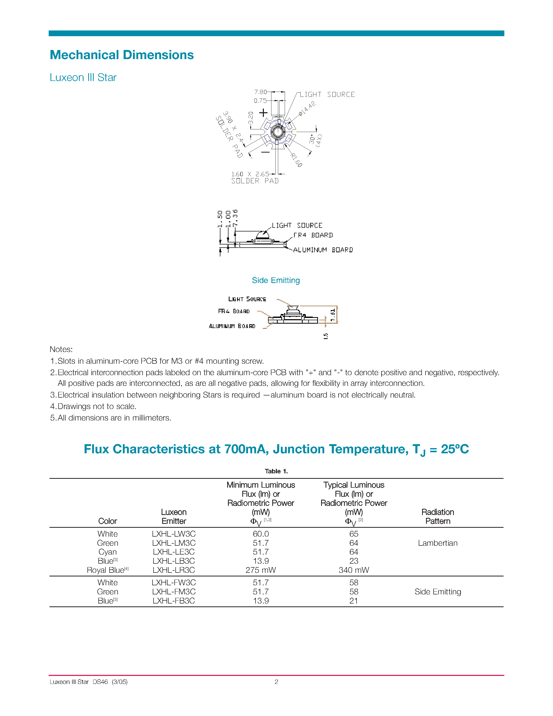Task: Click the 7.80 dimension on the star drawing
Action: [x=260, y=92]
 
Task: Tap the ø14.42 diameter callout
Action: [x=307, y=109]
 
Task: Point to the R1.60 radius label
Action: [x=296, y=160]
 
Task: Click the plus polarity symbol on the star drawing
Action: [x=263, y=113]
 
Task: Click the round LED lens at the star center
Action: [x=278, y=132]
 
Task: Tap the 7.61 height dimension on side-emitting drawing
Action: [x=333, y=315]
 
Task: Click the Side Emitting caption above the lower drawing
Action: [x=276, y=280]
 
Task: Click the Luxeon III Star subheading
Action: [x=83, y=77]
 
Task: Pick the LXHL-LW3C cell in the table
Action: [x=174, y=534]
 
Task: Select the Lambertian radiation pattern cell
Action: [x=438, y=543]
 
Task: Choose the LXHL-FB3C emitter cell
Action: [x=174, y=601]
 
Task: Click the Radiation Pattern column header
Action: [x=438, y=517]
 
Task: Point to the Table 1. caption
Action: [x=276, y=471]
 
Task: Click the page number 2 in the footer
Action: [x=276, y=682]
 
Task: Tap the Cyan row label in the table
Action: [x=107, y=552]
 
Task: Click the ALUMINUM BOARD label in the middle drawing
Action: [x=323, y=250]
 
